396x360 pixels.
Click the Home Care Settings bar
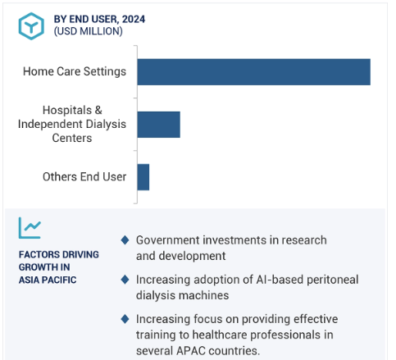pos(254,72)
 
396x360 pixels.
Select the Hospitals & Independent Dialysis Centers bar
pos(159,125)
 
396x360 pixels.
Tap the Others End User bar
pos(143,177)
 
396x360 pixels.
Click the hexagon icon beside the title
pos(31,26)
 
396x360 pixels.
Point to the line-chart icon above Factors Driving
pos(30,228)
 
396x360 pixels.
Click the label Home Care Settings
pos(75,71)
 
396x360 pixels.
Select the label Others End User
pos(84,176)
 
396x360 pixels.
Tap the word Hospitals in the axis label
pos(67,110)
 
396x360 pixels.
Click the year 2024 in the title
pos(134,19)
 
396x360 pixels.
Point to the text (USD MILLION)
pos(88,31)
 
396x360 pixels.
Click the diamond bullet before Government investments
pos(125,240)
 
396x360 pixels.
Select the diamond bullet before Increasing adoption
pos(125,280)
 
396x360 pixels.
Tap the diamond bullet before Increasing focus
pos(125,319)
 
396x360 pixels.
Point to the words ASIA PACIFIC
pos(48,280)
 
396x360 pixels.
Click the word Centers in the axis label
pos(72,138)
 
